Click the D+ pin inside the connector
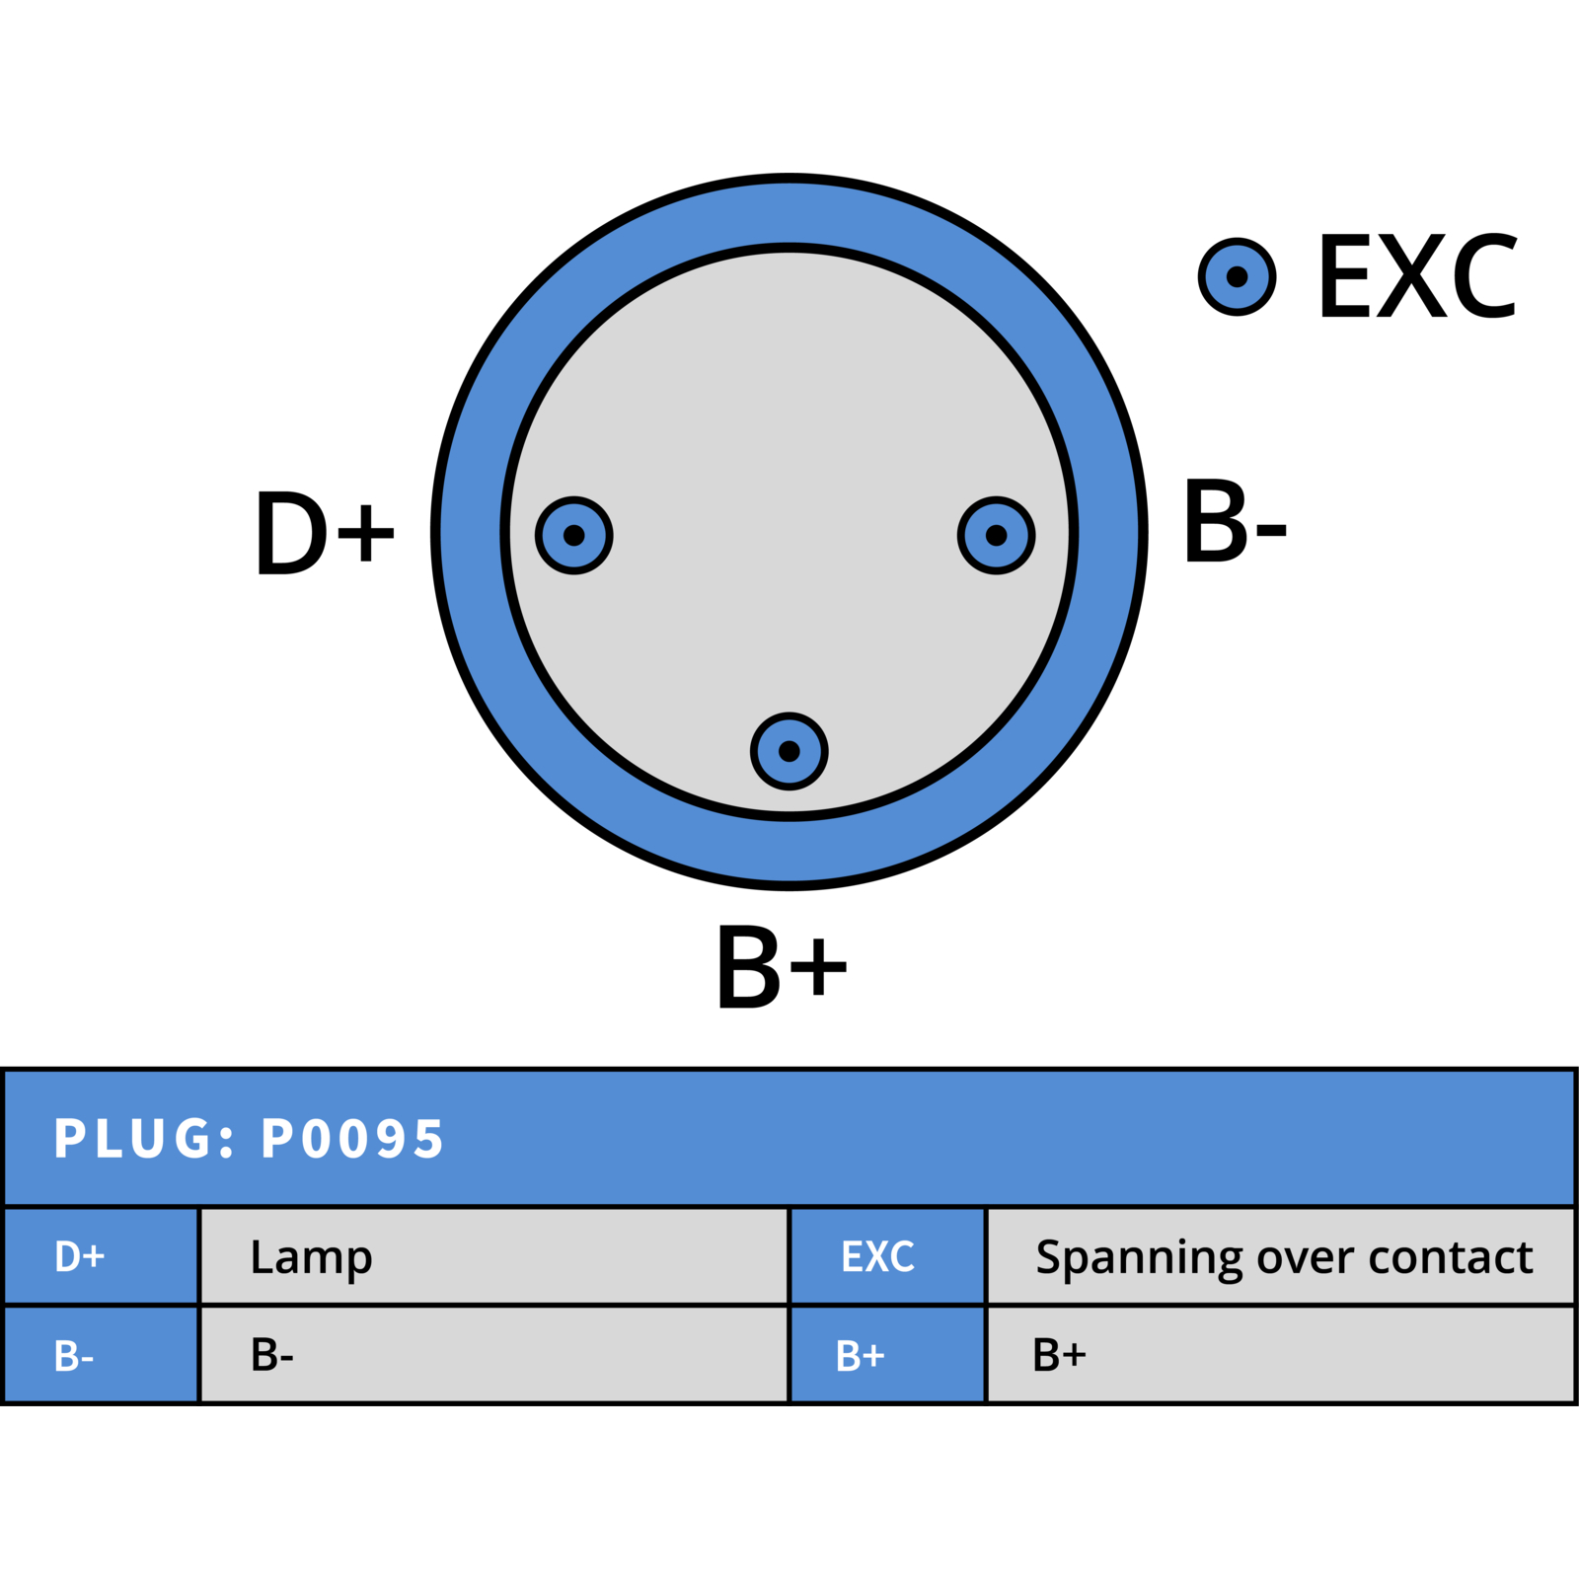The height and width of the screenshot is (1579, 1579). tap(573, 535)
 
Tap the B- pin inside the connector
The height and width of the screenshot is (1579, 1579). tap(996, 535)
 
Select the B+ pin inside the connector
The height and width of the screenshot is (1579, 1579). tap(789, 751)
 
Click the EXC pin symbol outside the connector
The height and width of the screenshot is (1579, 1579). tap(1237, 276)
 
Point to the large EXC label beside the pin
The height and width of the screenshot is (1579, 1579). tap(1417, 276)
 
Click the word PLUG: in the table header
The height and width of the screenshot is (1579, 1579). tap(145, 1138)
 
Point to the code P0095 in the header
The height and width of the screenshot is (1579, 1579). tap(352, 1138)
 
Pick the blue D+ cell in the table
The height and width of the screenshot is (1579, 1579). tap(101, 1256)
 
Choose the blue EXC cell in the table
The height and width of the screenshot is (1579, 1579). tap(887, 1256)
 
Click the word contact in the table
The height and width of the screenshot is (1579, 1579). tap(1451, 1257)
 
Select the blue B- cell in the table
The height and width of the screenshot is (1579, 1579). tap(101, 1355)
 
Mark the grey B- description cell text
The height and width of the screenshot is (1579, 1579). tap(272, 1355)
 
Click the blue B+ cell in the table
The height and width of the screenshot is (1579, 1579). tap(887, 1355)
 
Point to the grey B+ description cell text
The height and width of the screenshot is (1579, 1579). tap(1059, 1355)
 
